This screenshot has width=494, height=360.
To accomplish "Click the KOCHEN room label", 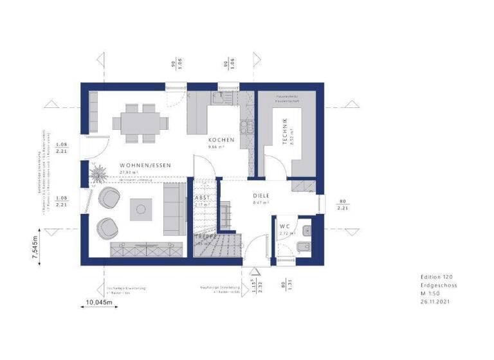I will tap(221, 139).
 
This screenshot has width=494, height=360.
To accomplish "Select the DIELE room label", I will tap(261, 195).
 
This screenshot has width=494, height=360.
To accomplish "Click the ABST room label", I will tap(202, 198).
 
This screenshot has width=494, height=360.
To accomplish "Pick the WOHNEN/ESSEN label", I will tap(145, 165).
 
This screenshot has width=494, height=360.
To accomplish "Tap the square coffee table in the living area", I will tap(141, 208).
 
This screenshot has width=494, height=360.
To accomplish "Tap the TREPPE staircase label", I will tap(202, 237).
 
